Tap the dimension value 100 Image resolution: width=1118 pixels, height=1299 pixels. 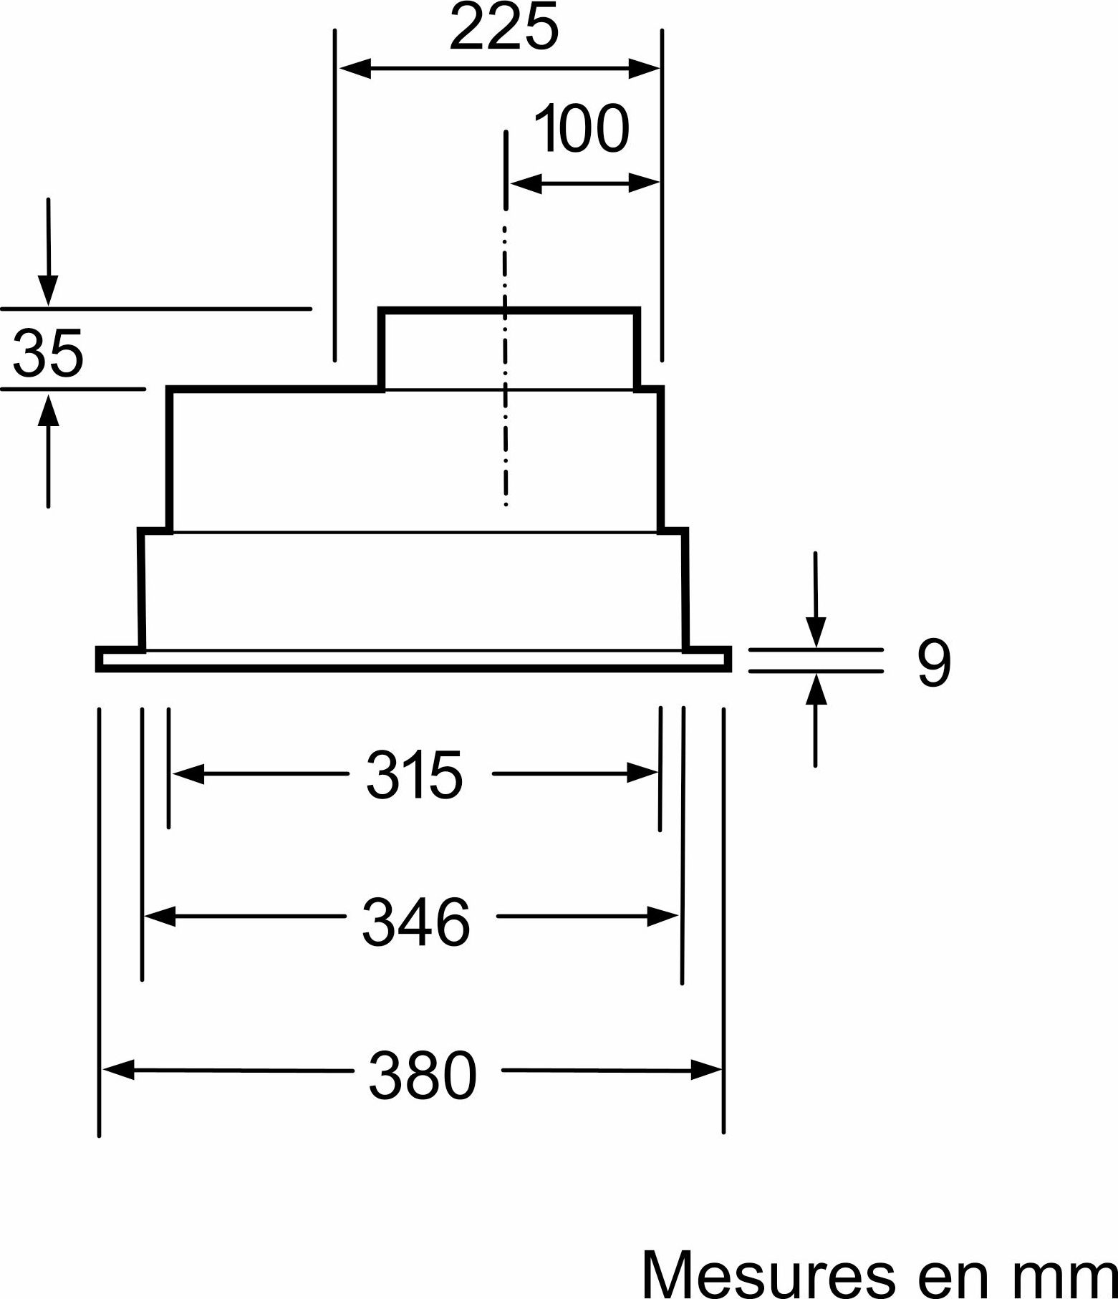pos(582,129)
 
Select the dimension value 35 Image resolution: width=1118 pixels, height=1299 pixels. pos(49,352)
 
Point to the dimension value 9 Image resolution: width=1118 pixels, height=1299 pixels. pos(934,664)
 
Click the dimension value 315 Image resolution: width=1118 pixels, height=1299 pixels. pos(415,775)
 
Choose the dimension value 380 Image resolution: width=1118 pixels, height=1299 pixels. pos(423,1076)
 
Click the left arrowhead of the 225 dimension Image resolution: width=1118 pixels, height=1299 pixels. pos(355,69)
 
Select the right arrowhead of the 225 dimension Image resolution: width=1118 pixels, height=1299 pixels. pos(644,69)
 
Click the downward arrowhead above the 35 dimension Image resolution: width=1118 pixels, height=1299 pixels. pos(48,291)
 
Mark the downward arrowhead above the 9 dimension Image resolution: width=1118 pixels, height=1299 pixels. pos(816,632)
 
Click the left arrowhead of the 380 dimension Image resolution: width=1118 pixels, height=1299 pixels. pos(119,1070)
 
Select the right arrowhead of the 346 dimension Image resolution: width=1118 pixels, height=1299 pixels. pos(662,916)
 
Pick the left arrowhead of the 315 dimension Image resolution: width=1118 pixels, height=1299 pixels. pos(188,773)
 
